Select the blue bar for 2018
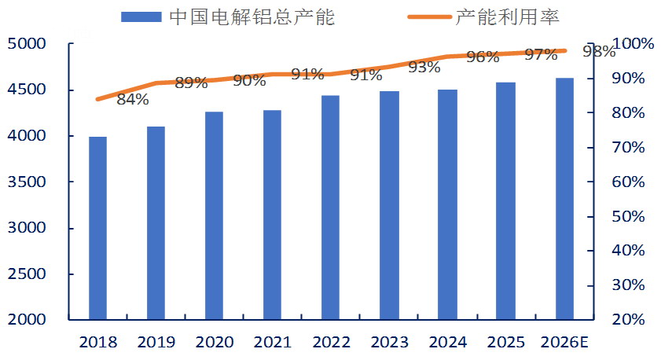pyautogui.click(x=97, y=228)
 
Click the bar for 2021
pyautogui.click(x=272, y=215)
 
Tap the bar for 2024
pyautogui.click(x=447, y=204)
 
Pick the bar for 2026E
pyautogui.click(x=564, y=199)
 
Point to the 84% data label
pyautogui.click(x=132, y=99)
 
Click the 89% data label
pyautogui.click(x=191, y=83)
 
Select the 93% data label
pyautogui.click(x=424, y=68)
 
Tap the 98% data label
pyautogui.click(x=599, y=52)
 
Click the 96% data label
pyautogui.click(x=483, y=57)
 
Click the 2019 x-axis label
pyautogui.click(x=156, y=343)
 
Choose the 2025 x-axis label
pyautogui.click(x=506, y=343)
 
